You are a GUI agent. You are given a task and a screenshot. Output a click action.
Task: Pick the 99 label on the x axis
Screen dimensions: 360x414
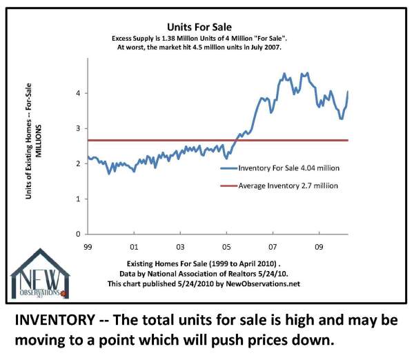[88, 245]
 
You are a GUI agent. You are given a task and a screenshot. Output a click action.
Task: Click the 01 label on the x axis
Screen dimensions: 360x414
[134, 245]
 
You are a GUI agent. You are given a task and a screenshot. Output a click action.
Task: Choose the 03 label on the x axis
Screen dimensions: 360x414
[180, 245]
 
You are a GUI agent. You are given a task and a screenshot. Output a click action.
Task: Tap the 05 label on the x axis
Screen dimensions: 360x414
[227, 245]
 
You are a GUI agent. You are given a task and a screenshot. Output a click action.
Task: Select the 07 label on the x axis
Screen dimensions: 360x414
[273, 245]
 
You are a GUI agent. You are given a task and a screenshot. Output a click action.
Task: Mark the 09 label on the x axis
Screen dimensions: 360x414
[319, 245]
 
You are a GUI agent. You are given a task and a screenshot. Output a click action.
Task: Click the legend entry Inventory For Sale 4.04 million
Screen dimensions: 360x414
[290, 168]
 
